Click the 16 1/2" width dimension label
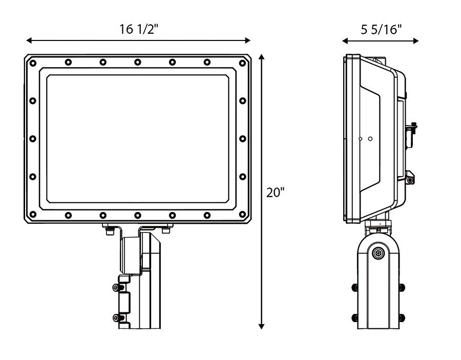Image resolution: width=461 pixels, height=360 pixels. coord(138,30)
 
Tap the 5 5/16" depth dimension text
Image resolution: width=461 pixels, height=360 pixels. coord(380,30)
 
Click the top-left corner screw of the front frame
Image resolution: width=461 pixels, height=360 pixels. coord(33,63)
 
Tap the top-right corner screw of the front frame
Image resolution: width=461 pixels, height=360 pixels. coord(242,63)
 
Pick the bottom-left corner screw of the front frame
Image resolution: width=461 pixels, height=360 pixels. coord(33,215)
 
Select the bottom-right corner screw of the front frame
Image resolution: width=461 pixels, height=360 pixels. coord(242,215)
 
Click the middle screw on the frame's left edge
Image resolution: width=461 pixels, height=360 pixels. coord(33,139)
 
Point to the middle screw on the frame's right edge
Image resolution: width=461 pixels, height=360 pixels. coord(242,139)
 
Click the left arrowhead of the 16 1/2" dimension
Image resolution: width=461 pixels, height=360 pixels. coord(29,40)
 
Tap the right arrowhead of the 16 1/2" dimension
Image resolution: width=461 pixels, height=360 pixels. coord(247,40)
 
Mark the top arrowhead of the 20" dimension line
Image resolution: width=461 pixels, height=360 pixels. coord(262,57)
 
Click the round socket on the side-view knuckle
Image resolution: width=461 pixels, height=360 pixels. coord(379,253)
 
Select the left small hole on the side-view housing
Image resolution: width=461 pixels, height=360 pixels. coord(361,139)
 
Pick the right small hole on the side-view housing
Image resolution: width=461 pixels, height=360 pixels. coord(370,139)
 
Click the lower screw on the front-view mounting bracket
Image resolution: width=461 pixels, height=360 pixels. coord(116,318)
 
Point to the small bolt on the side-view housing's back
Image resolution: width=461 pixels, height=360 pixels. coord(410,179)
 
